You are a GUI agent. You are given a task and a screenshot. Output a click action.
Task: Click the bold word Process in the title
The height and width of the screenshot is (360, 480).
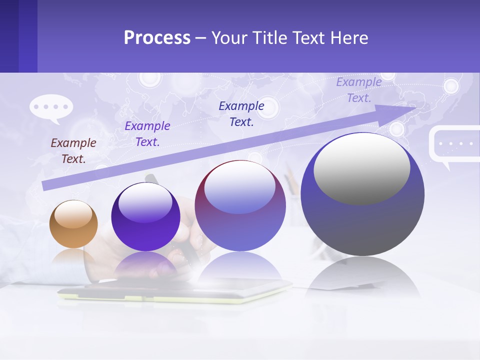tap(157, 38)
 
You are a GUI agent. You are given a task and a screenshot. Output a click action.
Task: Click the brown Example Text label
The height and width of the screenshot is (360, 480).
tap(73, 150)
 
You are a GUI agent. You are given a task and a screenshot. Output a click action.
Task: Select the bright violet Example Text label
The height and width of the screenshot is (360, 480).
tap(147, 133)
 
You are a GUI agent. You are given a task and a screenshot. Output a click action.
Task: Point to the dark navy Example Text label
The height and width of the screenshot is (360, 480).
tap(241, 113)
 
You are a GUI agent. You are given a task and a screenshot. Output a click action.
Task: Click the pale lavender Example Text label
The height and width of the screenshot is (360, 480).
tap(359, 90)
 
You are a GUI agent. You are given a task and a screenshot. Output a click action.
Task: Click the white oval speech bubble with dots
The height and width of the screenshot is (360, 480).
tap(51, 107)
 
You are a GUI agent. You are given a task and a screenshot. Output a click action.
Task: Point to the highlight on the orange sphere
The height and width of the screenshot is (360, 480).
tap(73, 214)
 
